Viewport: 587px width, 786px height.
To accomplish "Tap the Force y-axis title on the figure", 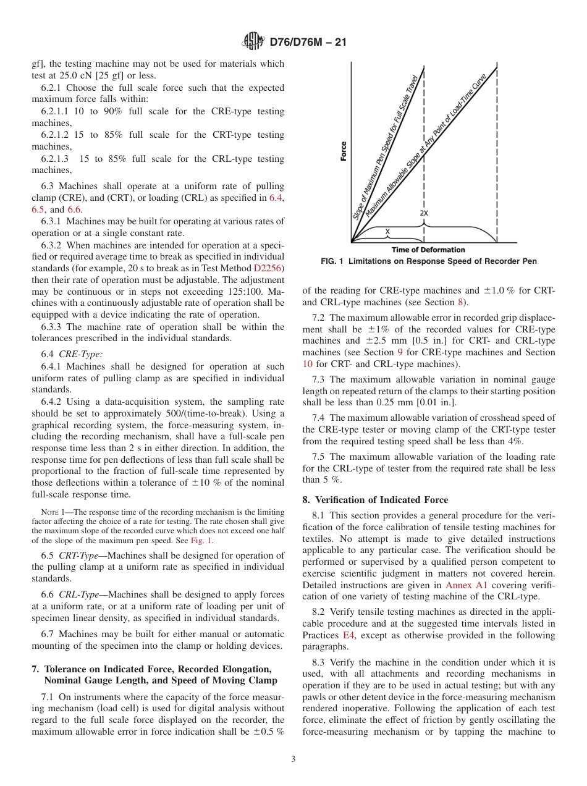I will coord(344,151).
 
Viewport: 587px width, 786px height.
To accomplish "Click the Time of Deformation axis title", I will coord(428,250).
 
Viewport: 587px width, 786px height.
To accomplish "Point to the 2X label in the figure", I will coord(424,213).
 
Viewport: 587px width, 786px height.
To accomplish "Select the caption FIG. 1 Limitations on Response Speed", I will coord(429,261).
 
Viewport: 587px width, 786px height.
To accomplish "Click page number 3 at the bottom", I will coord(293,759).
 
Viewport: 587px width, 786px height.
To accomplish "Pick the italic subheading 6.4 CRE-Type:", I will coord(72,354).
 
